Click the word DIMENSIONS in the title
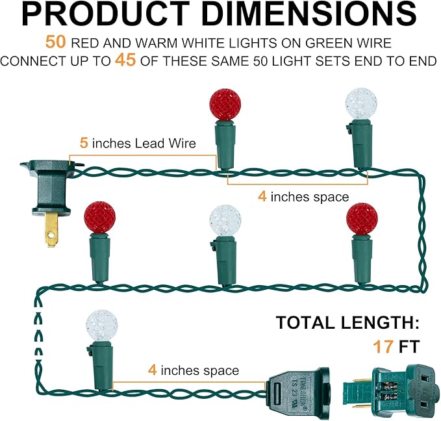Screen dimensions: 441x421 (x=309, y=14)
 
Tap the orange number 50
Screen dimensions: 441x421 (x=56, y=42)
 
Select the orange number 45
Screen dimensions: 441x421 (x=125, y=60)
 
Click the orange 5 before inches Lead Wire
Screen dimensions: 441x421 (x=84, y=143)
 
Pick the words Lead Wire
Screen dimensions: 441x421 (x=166, y=143)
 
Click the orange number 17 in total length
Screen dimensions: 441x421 (x=383, y=346)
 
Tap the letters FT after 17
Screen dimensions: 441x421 (x=409, y=346)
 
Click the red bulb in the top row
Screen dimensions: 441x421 (x=225, y=105)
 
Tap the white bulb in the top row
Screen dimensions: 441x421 (x=361, y=103)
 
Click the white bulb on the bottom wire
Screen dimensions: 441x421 (x=101, y=326)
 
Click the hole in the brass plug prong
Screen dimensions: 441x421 (x=51, y=234)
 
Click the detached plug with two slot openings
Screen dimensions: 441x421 (x=392, y=391)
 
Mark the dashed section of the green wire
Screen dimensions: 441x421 (x=38, y=335)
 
